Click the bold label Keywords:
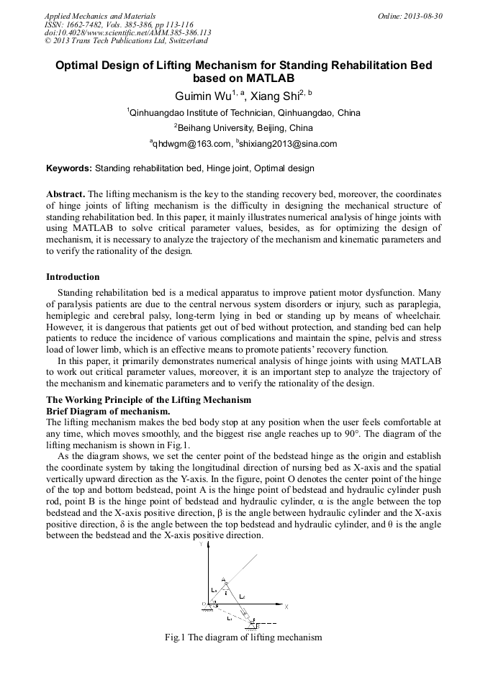(69, 168)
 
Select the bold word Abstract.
(65, 194)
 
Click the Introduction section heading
(73, 277)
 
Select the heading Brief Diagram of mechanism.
(108, 411)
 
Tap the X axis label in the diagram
(286, 607)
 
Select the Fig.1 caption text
(243, 637)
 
